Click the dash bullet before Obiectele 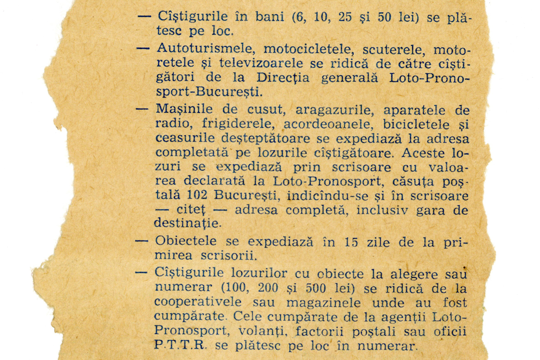pyautogui.click(x=142, y=241)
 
